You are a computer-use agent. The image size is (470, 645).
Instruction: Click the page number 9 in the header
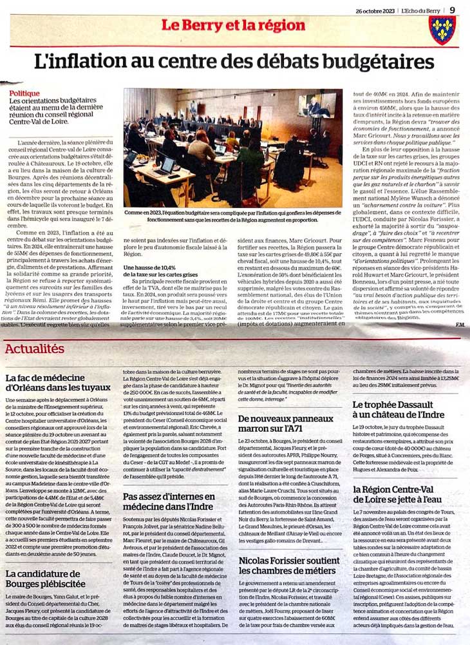click(453, 9)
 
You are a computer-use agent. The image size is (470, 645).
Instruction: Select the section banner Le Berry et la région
click(232, 26)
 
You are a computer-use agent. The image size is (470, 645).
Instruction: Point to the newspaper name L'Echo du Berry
click(420, 10)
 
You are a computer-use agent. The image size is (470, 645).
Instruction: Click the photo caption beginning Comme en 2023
click(234, 215)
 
